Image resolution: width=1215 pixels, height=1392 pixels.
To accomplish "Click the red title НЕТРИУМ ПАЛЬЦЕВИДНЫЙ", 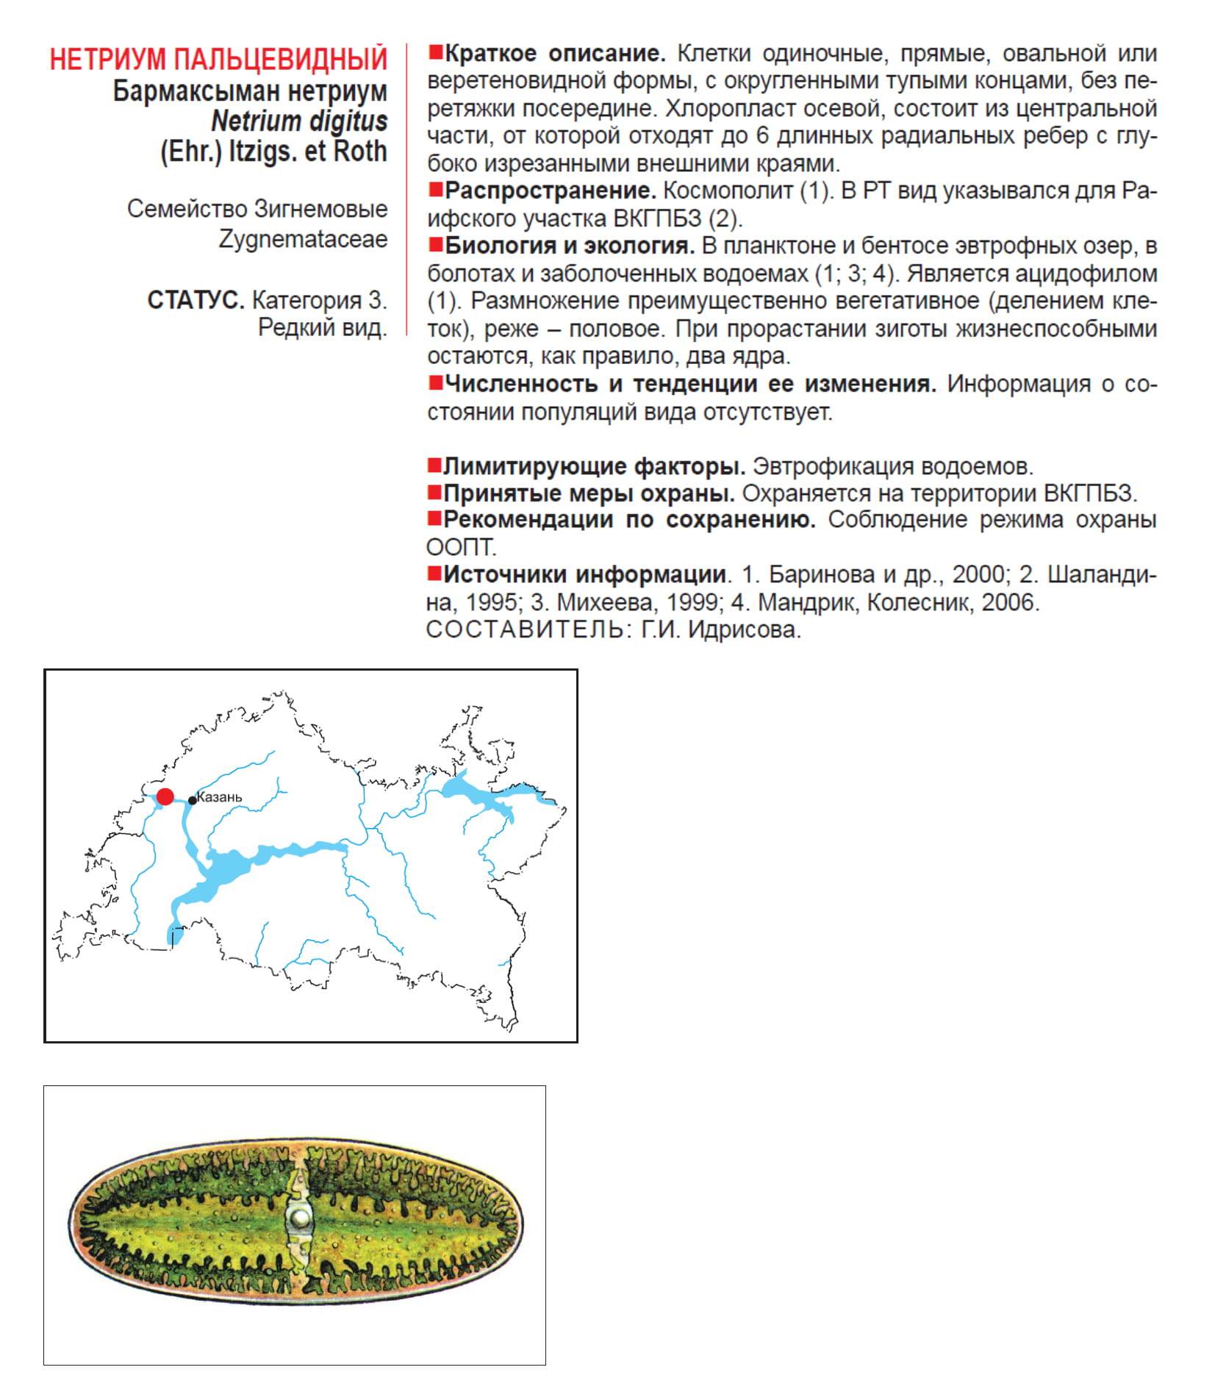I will (x=218, y=60).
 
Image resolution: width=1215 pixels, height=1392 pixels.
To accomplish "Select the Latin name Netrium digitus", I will (x=299, y=121).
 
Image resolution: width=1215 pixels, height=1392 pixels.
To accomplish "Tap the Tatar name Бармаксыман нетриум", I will (x=250, y=91).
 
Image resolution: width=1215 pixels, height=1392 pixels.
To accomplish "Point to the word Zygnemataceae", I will (x=303, y=239).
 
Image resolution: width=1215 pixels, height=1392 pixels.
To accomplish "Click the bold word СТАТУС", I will (x=196, y=300).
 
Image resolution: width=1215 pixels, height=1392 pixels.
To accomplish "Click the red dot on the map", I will (x=165, y=796).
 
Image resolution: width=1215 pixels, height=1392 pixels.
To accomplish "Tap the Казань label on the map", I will (x=220, y=798).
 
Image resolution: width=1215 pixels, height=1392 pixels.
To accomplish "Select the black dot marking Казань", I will (x=193, y=801).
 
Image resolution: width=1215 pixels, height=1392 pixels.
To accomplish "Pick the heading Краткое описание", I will (x=555, y=54).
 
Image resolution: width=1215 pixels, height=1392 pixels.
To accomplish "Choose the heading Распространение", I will (x=550, y=191).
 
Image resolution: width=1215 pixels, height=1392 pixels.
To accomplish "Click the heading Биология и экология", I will (x=570, y=246).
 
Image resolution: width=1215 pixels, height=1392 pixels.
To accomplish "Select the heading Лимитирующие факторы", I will (x=595, y=466).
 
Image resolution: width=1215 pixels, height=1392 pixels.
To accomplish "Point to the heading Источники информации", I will (x=585, y=574).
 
